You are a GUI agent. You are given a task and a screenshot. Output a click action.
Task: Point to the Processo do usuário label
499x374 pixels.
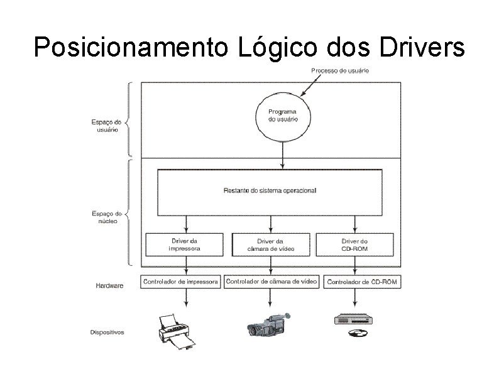340,70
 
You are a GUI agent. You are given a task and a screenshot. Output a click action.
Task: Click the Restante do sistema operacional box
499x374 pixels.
270,190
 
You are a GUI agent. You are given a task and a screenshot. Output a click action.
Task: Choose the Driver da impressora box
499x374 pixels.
185,245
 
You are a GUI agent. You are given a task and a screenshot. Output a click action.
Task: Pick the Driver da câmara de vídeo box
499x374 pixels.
271,245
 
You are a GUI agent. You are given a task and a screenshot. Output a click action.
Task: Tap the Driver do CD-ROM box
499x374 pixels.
354,245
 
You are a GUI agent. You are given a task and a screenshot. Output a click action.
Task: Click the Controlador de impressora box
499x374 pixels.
181,282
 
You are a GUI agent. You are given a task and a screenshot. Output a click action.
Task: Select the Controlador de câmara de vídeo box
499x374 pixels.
271,282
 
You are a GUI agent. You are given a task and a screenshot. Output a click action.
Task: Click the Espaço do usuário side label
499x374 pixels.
106,125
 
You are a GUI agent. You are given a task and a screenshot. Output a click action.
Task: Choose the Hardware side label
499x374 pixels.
109,285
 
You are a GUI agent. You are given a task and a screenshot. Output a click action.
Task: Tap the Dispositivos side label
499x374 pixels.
107,332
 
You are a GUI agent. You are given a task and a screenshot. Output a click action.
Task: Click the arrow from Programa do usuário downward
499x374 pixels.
283,154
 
